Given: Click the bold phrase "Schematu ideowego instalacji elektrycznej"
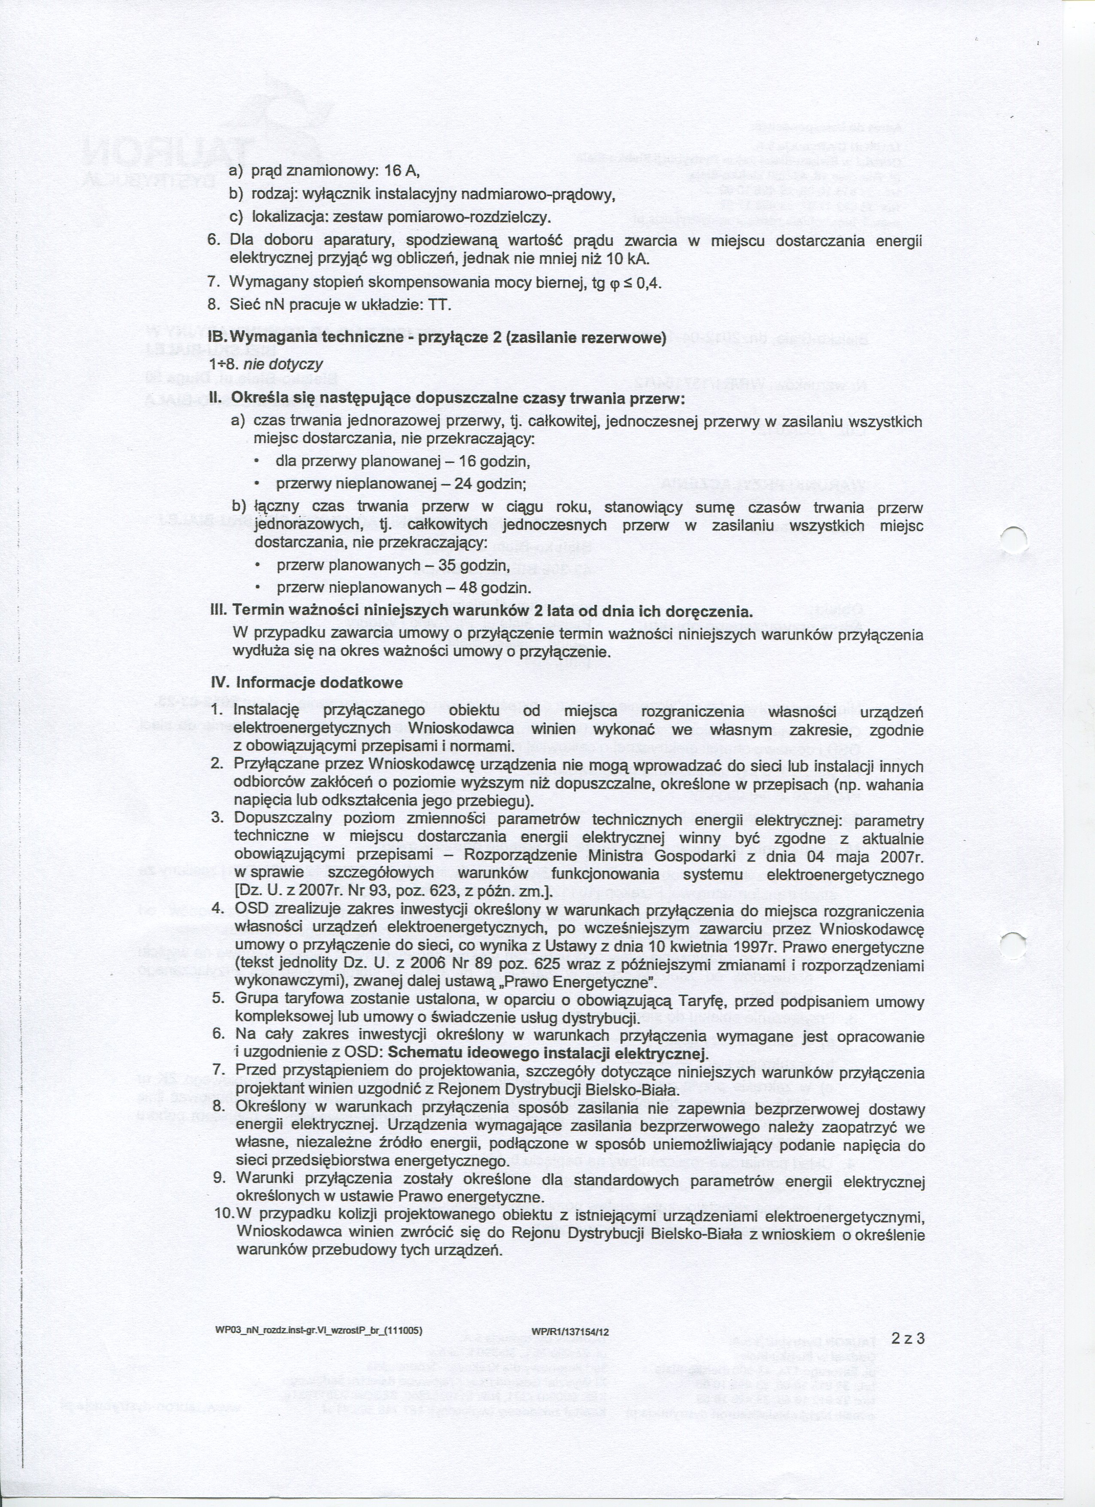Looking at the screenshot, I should click(548, 1054).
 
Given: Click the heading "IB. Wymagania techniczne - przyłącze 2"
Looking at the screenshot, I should click(437, 338).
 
